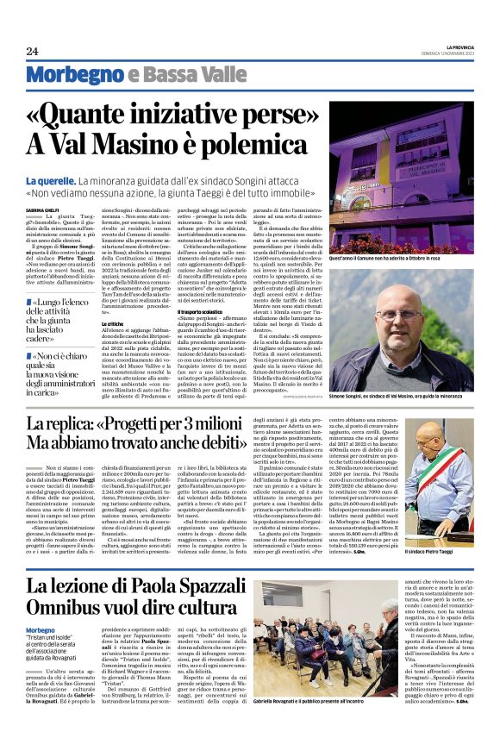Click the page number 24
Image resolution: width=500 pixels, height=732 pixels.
[33, 52]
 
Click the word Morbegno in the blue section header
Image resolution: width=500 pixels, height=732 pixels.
[65, 75]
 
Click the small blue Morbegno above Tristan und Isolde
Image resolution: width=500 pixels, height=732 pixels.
[41, 629]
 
